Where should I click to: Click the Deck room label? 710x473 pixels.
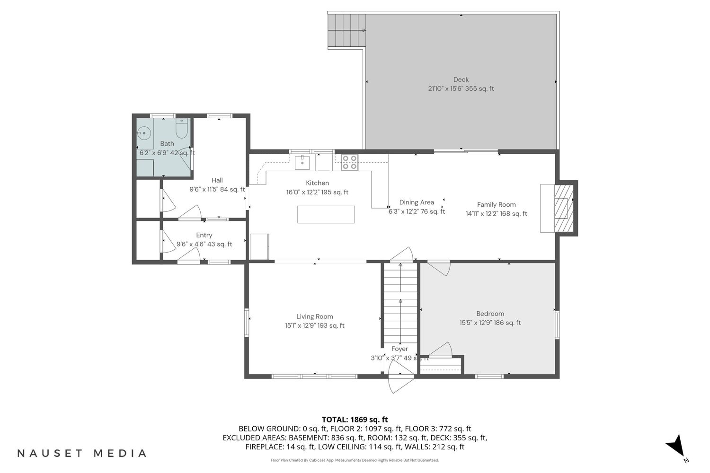[x=461, y=79]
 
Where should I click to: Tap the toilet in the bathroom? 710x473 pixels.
[x=182, y=129]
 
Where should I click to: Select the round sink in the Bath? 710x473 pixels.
[x=144, y=133]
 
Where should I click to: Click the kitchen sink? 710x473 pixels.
[x=302, y=163]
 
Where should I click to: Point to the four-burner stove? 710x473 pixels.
[x=349, y=163]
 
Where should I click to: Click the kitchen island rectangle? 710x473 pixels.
[x=326, y=214]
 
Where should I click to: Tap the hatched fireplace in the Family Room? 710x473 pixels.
[x=564, y=208]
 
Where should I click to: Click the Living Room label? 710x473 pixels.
[x=314, y=316]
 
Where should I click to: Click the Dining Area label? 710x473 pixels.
[x=417, y=202]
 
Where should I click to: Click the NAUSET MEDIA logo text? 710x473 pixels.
[x=82, y=453]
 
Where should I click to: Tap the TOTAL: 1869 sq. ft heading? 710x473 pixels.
[x=355, y=420]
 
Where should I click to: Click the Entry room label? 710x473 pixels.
[x=204, y=236]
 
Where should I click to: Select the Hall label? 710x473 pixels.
[x=217, y=180]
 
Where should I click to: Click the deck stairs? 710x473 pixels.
[x=347, y=30]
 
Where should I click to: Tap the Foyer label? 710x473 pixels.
[x=399, y=349]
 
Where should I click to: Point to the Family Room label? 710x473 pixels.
[x=496, y=205]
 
